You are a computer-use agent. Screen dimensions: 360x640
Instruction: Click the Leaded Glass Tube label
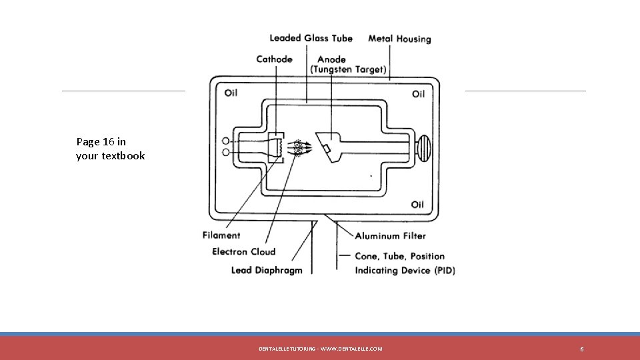pyautogui.click(x=311, y=38)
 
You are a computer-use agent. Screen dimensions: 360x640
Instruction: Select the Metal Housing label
pyautogui.click(x=399, y=39)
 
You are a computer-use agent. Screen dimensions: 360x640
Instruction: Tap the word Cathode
pyautogui.click(x=274, y=59)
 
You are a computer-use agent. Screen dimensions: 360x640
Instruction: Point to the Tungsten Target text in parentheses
pyautogui.click(x=348, y=69)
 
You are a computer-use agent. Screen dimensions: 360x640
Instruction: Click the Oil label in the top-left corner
pyautogui.click(x=231, y=93)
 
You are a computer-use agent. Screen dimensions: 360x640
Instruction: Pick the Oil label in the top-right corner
pyautogui.click(x=418, y=93)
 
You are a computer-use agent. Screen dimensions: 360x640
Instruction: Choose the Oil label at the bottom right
pyautogui.click(x=417, y=204)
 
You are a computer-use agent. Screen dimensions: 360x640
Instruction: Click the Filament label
pyautogui.click(x=221, y=235)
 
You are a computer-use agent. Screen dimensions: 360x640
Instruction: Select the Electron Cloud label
pyautogui.click(x=243, y=251)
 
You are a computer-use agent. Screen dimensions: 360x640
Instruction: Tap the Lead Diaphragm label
pyautogui.click(x=267, y=270)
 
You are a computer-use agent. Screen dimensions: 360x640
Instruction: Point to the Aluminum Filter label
pyautogui.click(x=390, y=235)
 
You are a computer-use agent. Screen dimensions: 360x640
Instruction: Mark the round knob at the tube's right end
pyautogui.click(x=424, y=147)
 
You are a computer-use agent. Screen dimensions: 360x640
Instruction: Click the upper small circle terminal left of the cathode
pyautogui.click(x=227, y=141)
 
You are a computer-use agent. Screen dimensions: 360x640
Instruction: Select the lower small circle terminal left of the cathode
pyautogui.click(x=227, y=153)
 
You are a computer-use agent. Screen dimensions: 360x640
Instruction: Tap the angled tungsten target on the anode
pyautogui.click(x=327, y=147)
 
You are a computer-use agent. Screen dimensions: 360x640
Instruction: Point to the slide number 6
pyautogui.click(x=582, y=349)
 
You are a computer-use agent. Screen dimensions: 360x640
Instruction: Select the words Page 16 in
pyautogui.click(x=101, y=141)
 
